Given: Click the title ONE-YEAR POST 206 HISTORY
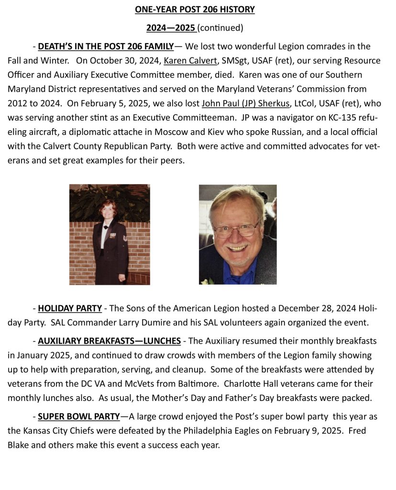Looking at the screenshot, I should [194, 9].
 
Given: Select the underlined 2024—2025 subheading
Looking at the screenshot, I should [170, 28].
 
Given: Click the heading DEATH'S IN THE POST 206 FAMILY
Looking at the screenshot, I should [106, 46].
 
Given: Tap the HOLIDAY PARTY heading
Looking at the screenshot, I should [70, 308].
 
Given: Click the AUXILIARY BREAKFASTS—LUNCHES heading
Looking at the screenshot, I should [109, 341].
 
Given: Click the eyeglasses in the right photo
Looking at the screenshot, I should [236, 228].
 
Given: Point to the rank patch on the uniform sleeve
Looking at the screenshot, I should [125, 237].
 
